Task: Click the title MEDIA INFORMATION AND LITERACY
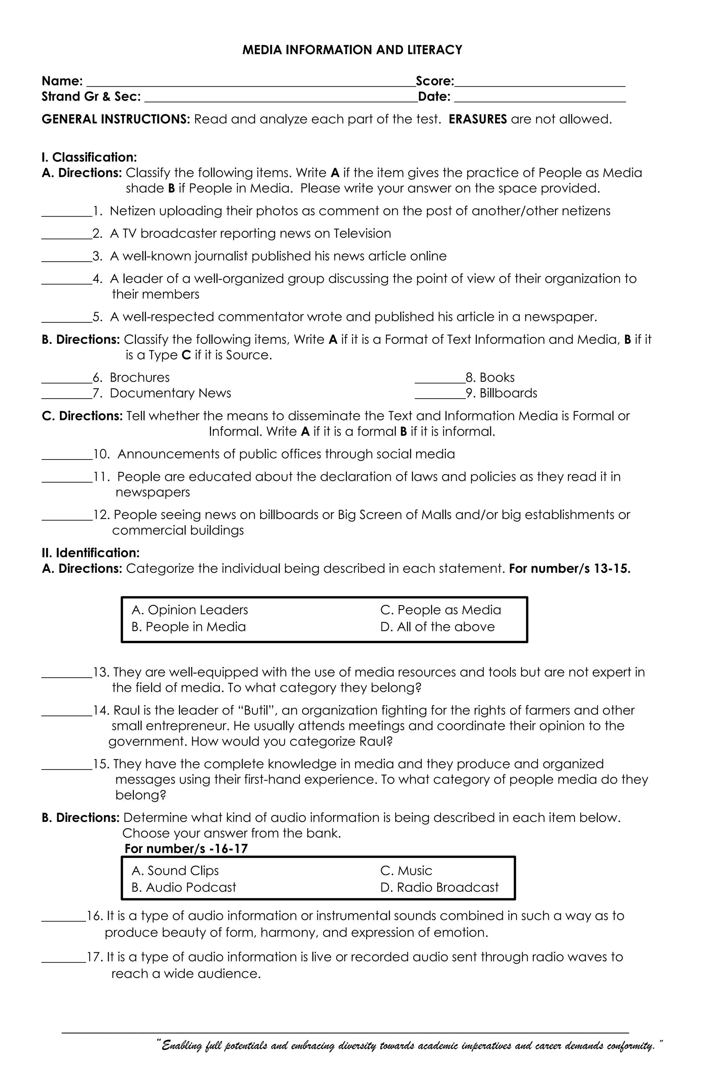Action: [352, 50]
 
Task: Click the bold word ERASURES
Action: [477, 119]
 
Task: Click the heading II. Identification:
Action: [91, 552]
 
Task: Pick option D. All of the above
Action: [437, 627]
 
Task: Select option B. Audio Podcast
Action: [183, 887]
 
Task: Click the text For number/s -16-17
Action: [186, 849]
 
